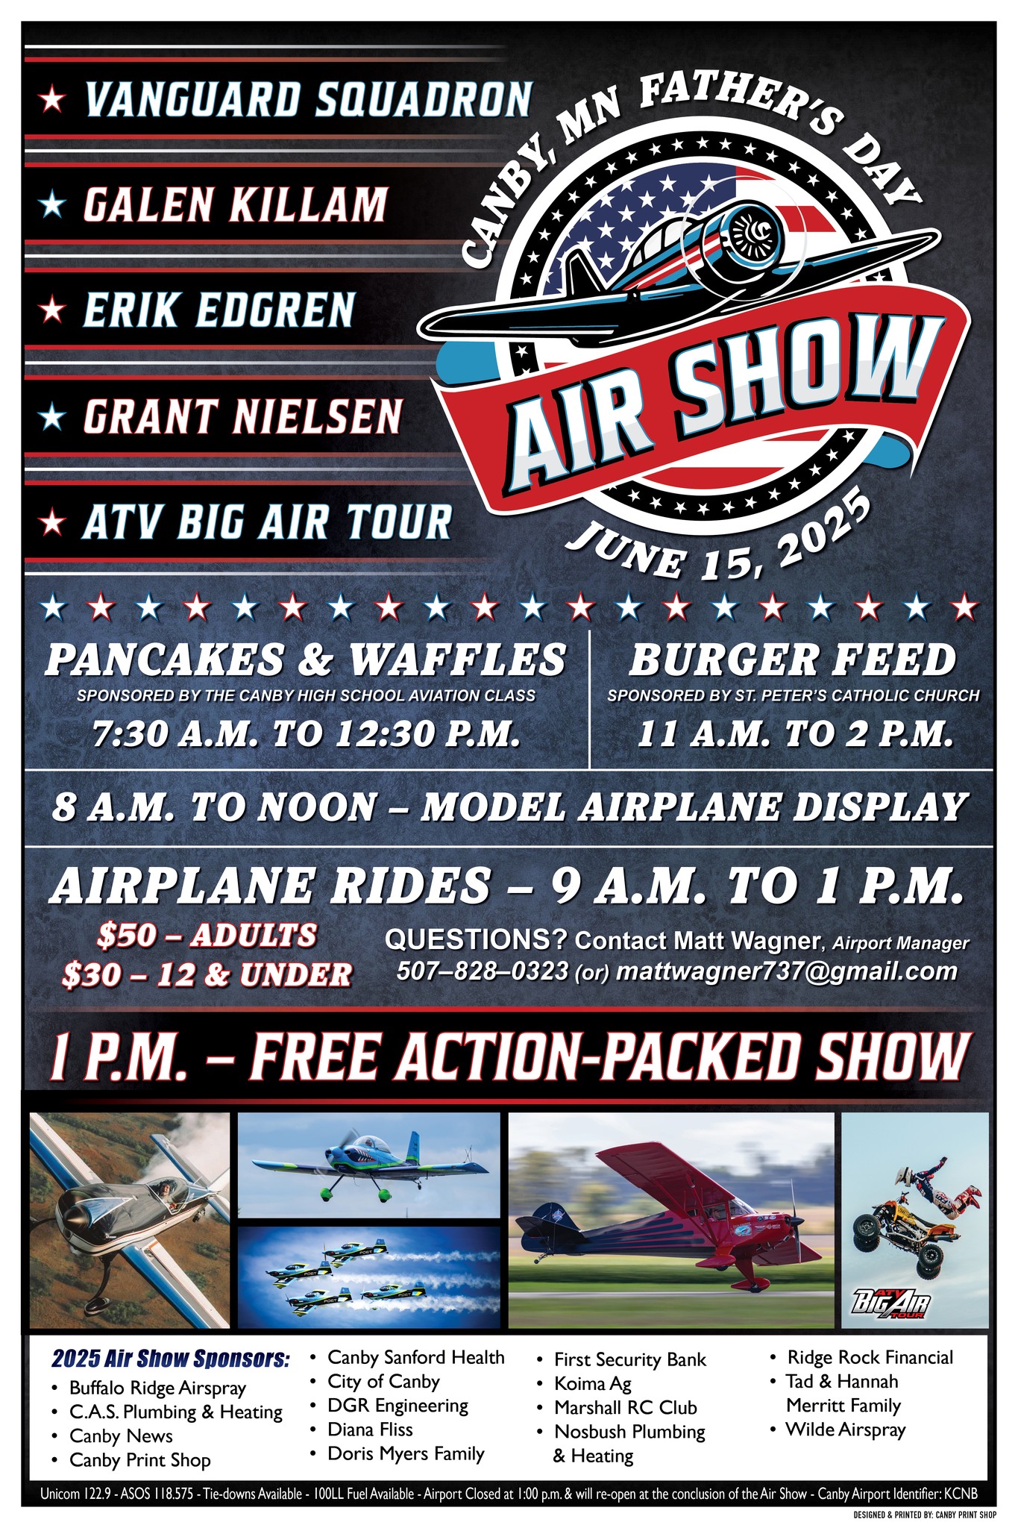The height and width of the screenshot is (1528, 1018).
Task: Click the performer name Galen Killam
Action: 235,204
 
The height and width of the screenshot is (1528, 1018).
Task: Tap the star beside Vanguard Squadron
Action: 52,98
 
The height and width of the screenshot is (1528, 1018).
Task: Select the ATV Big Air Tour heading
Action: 267,522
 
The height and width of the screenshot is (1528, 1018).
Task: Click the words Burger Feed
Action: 792,660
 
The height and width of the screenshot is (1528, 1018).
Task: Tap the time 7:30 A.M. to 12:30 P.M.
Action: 306,734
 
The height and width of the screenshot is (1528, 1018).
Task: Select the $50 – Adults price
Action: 207,936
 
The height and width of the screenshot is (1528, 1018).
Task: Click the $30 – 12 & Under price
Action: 207,974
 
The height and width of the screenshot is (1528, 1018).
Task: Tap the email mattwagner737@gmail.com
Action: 787,971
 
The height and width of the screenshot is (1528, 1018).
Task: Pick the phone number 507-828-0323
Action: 483,971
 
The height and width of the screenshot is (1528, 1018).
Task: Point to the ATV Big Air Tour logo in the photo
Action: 892,1304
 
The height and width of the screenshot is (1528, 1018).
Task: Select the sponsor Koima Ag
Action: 592,1384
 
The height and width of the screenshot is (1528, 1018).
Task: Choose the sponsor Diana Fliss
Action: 370,1430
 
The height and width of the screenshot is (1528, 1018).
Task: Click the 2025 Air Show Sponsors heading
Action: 170,1359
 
